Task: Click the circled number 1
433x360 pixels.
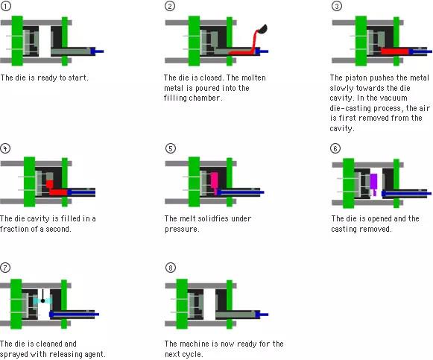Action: point(6,6)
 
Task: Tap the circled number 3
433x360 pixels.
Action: point(337,6)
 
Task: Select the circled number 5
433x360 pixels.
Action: point(171,148)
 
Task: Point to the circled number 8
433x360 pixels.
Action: point(171,268)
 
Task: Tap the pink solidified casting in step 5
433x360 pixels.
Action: point(215,181)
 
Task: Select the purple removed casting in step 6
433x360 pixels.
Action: point(373,183)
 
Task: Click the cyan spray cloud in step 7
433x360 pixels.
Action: point(42,301)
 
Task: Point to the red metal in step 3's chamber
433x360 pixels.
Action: point(395,51)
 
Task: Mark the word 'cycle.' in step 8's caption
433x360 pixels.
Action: point(192,354)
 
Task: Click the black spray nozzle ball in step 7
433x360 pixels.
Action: point(42,300)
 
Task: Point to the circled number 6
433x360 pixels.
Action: point(335,148)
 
